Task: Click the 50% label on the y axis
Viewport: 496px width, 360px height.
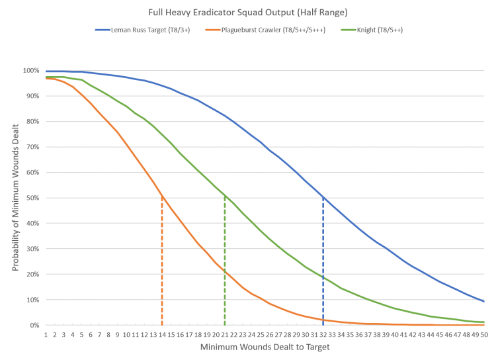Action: tap(32, 198)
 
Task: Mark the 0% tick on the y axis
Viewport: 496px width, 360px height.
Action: tap(35, 325)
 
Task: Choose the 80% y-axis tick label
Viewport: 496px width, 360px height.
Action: tap(32, 122)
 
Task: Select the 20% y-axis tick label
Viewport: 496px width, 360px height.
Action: tap(32, 274)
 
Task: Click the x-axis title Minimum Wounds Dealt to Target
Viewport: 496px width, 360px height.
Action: tap(264, 346)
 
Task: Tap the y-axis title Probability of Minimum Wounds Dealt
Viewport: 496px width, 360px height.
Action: tap(14, 198)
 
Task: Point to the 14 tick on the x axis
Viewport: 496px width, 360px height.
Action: tap(161, 335)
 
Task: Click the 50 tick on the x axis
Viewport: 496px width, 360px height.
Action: tap(485, 335)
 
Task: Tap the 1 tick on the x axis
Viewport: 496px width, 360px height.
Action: tap(46, 335)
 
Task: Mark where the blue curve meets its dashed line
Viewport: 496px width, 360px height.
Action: tap(323, 198)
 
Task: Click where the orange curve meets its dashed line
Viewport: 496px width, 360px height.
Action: tap(161, 198)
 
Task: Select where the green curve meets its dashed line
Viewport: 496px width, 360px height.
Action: tap(225, 197)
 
